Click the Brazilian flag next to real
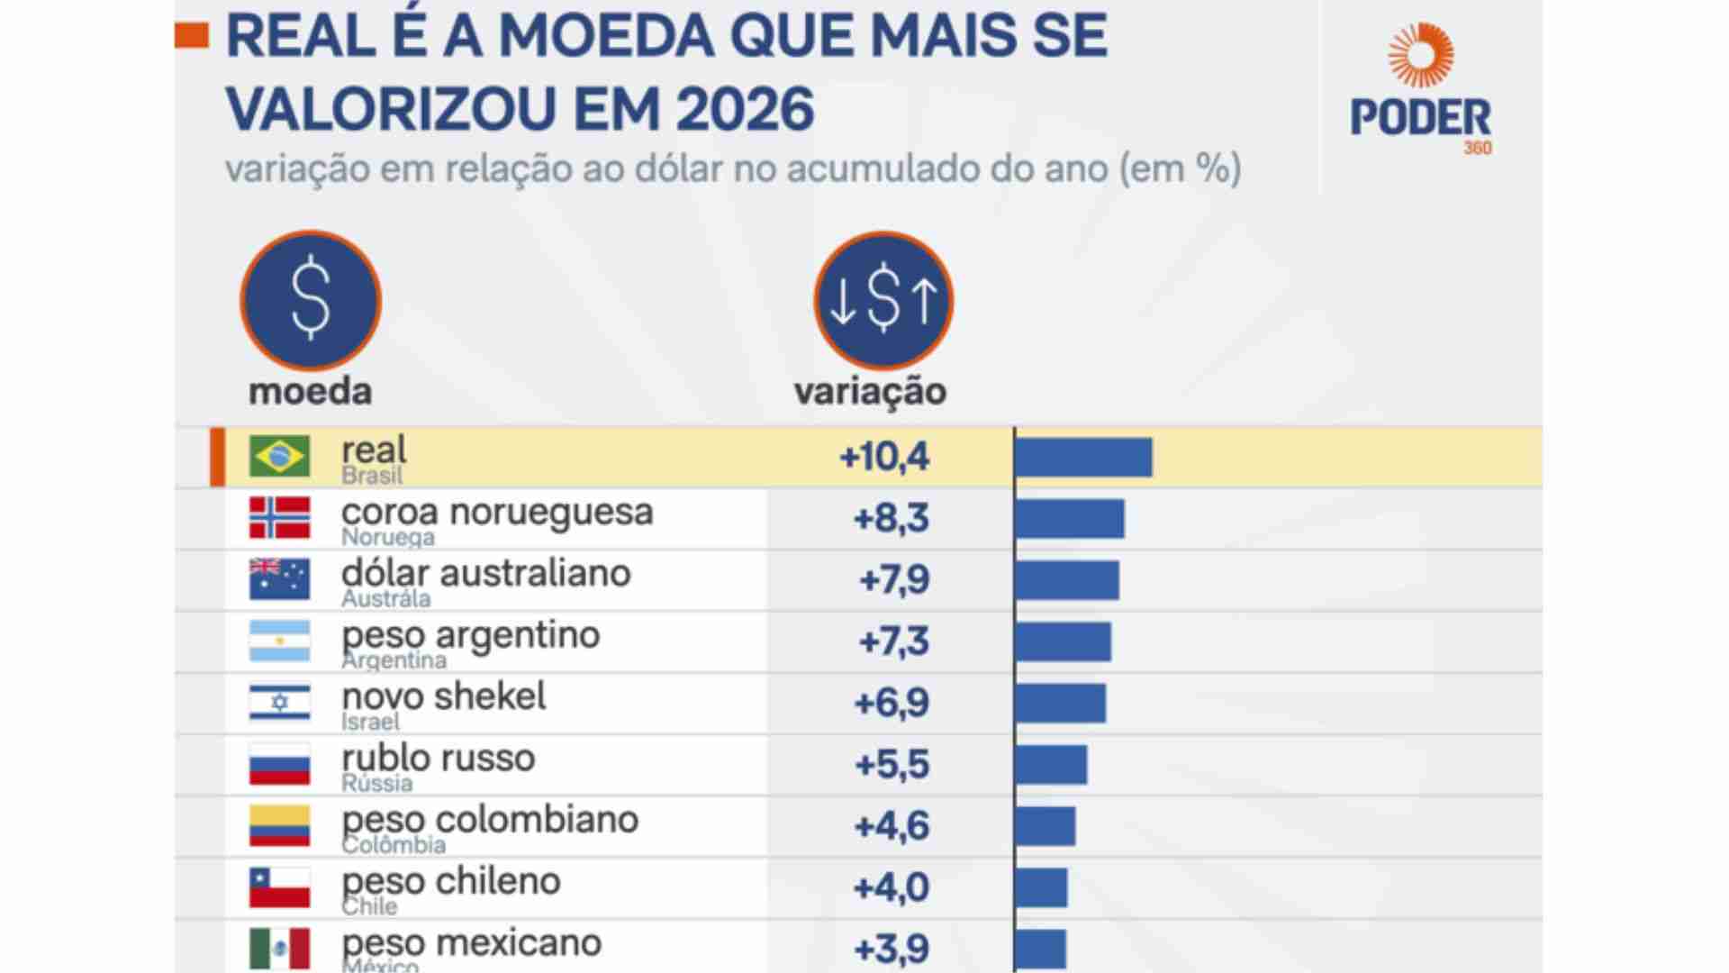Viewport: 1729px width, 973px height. coord(279,456)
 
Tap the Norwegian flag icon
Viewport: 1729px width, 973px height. coord(279,518)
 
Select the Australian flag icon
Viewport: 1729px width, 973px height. coord(279,579)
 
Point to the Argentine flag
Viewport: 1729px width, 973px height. coord(279,641)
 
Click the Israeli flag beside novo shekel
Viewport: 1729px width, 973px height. coord(279,703)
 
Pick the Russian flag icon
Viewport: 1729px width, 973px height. coord(279,764)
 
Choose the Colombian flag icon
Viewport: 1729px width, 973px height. coord(279,825)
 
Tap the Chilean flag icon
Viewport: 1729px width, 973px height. coord(279,887)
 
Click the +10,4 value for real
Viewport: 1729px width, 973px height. coord(884,457)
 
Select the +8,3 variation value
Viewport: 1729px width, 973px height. coord(891,519)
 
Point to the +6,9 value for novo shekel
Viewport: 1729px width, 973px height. coord(891,703)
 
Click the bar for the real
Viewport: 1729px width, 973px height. coord(1083,457)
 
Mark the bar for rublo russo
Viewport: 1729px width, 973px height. coord(1051,764)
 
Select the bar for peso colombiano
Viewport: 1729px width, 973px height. coord(1045,826)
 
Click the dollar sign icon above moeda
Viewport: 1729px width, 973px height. coord(311,300)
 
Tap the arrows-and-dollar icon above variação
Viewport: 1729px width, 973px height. coord(883,300)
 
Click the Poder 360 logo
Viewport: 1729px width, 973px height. coord(1420,90)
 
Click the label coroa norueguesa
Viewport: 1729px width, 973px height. coord(497,512)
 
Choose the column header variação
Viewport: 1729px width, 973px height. coord(870,392)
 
